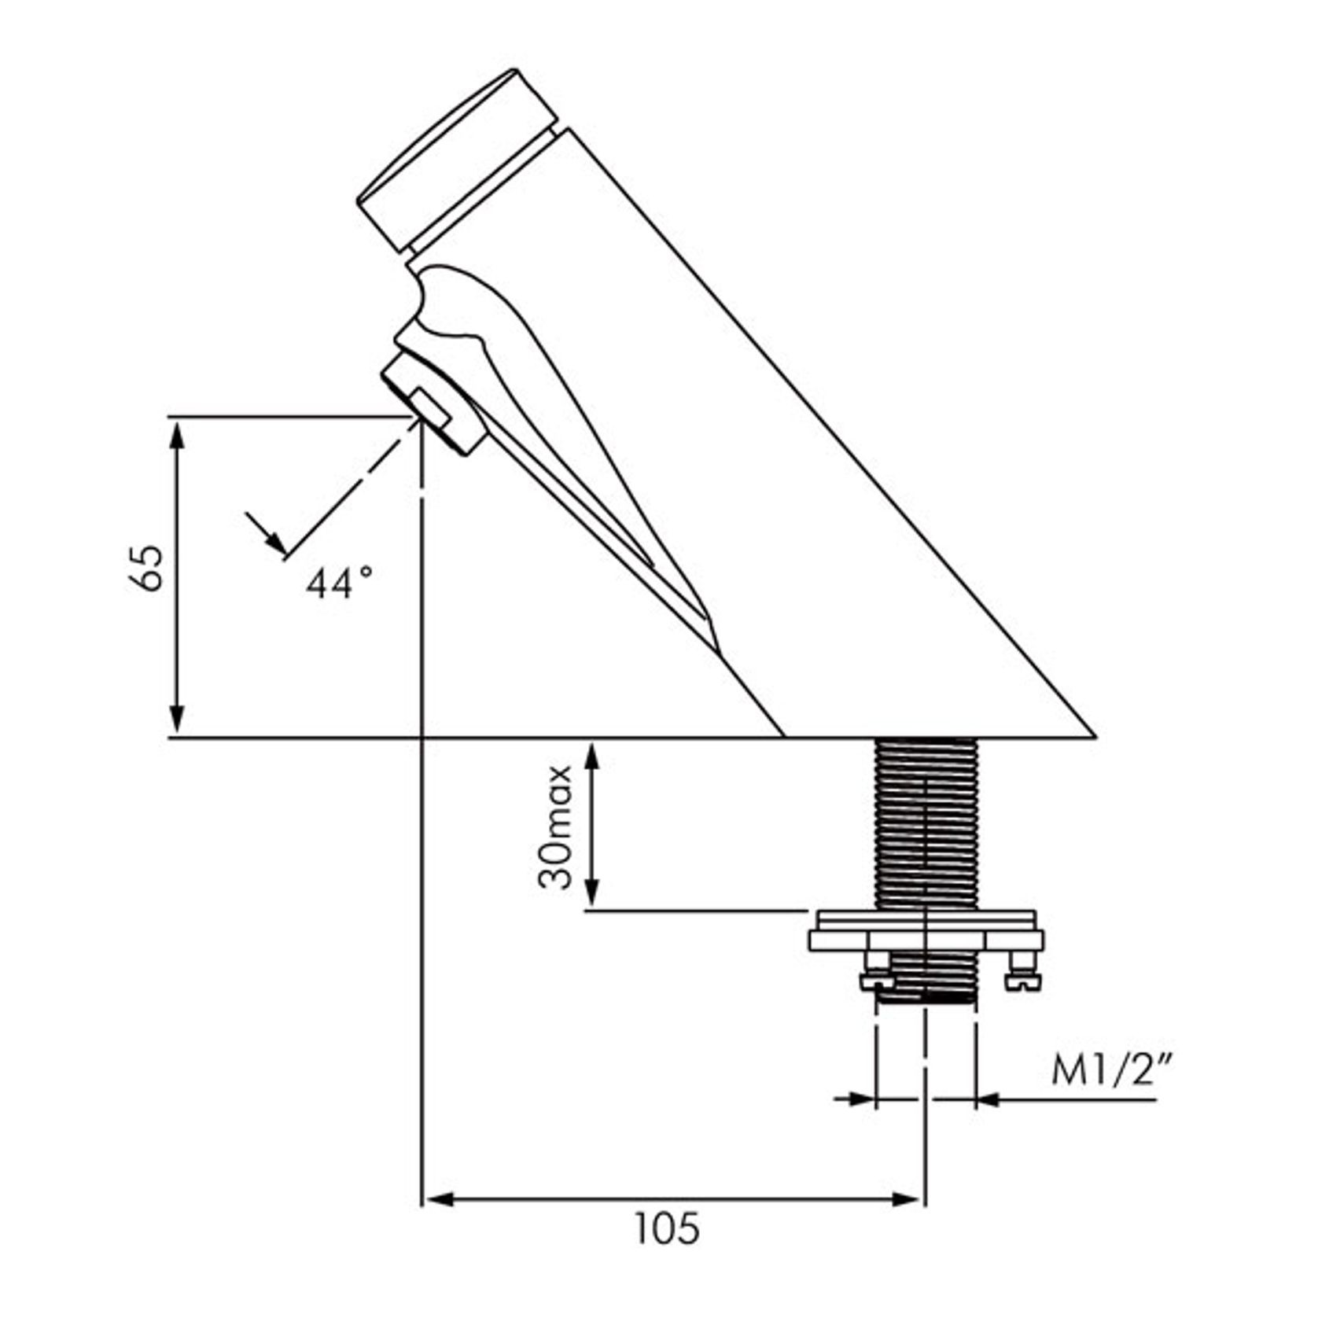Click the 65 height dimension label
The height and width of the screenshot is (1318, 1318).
[147, 567]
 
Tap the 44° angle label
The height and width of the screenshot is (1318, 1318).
[339, 584]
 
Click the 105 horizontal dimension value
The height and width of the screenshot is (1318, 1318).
[667, 1228]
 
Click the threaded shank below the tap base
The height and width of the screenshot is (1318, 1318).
[926, 824]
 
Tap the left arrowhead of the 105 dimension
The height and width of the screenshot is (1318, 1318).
[439, 1199]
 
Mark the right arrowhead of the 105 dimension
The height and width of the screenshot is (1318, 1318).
[904, 1199]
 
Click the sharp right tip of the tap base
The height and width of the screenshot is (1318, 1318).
[1095, 737]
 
